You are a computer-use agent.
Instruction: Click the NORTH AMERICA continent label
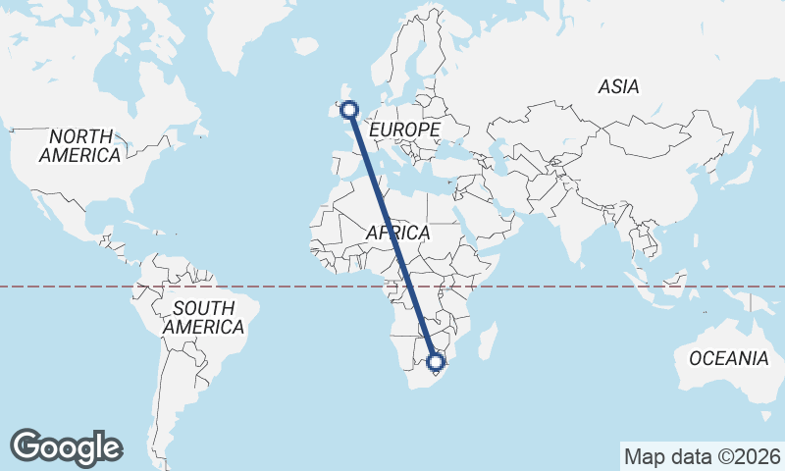80,145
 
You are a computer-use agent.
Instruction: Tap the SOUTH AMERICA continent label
204,317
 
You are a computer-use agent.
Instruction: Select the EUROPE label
404,130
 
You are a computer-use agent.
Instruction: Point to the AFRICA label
398,233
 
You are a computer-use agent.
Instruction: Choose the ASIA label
618,87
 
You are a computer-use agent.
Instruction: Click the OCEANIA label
728,358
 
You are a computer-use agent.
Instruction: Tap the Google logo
67,447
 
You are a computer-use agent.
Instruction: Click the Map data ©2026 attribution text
703,456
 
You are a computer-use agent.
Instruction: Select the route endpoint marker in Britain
347,109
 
